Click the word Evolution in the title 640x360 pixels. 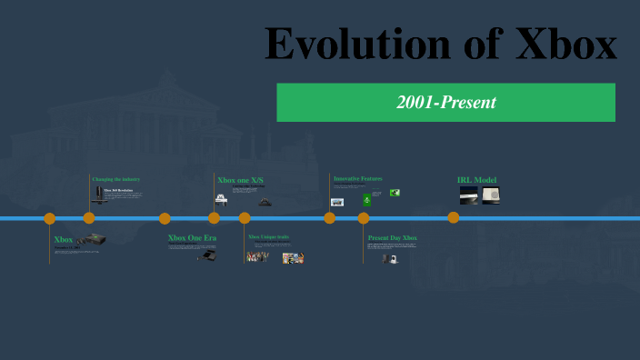[x=365, y=45]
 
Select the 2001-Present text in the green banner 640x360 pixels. [x=446, y=103]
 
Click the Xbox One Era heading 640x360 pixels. [x=193, y=238]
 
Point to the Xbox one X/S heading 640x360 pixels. [x=240, y=180]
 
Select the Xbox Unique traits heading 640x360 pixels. [x=269, y=237]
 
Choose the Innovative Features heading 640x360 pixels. [x=358, y=178]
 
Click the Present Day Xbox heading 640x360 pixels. [x=392, y=238]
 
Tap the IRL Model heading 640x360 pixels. [x=476, y=180]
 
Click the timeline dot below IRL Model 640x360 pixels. [x=453, y=218]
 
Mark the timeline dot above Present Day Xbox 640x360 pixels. [x=364, y=218]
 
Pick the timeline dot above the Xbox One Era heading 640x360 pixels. [x=165, y=218]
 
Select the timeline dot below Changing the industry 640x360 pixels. [x=89, y=218]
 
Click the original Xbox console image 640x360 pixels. [x=91, y=240]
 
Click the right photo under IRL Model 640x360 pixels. [x=490, y=195]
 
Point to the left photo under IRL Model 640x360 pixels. [x=468, y=195]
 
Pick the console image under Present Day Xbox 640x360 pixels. [x=392, y=259]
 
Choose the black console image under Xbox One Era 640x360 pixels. [x=208, y=255]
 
